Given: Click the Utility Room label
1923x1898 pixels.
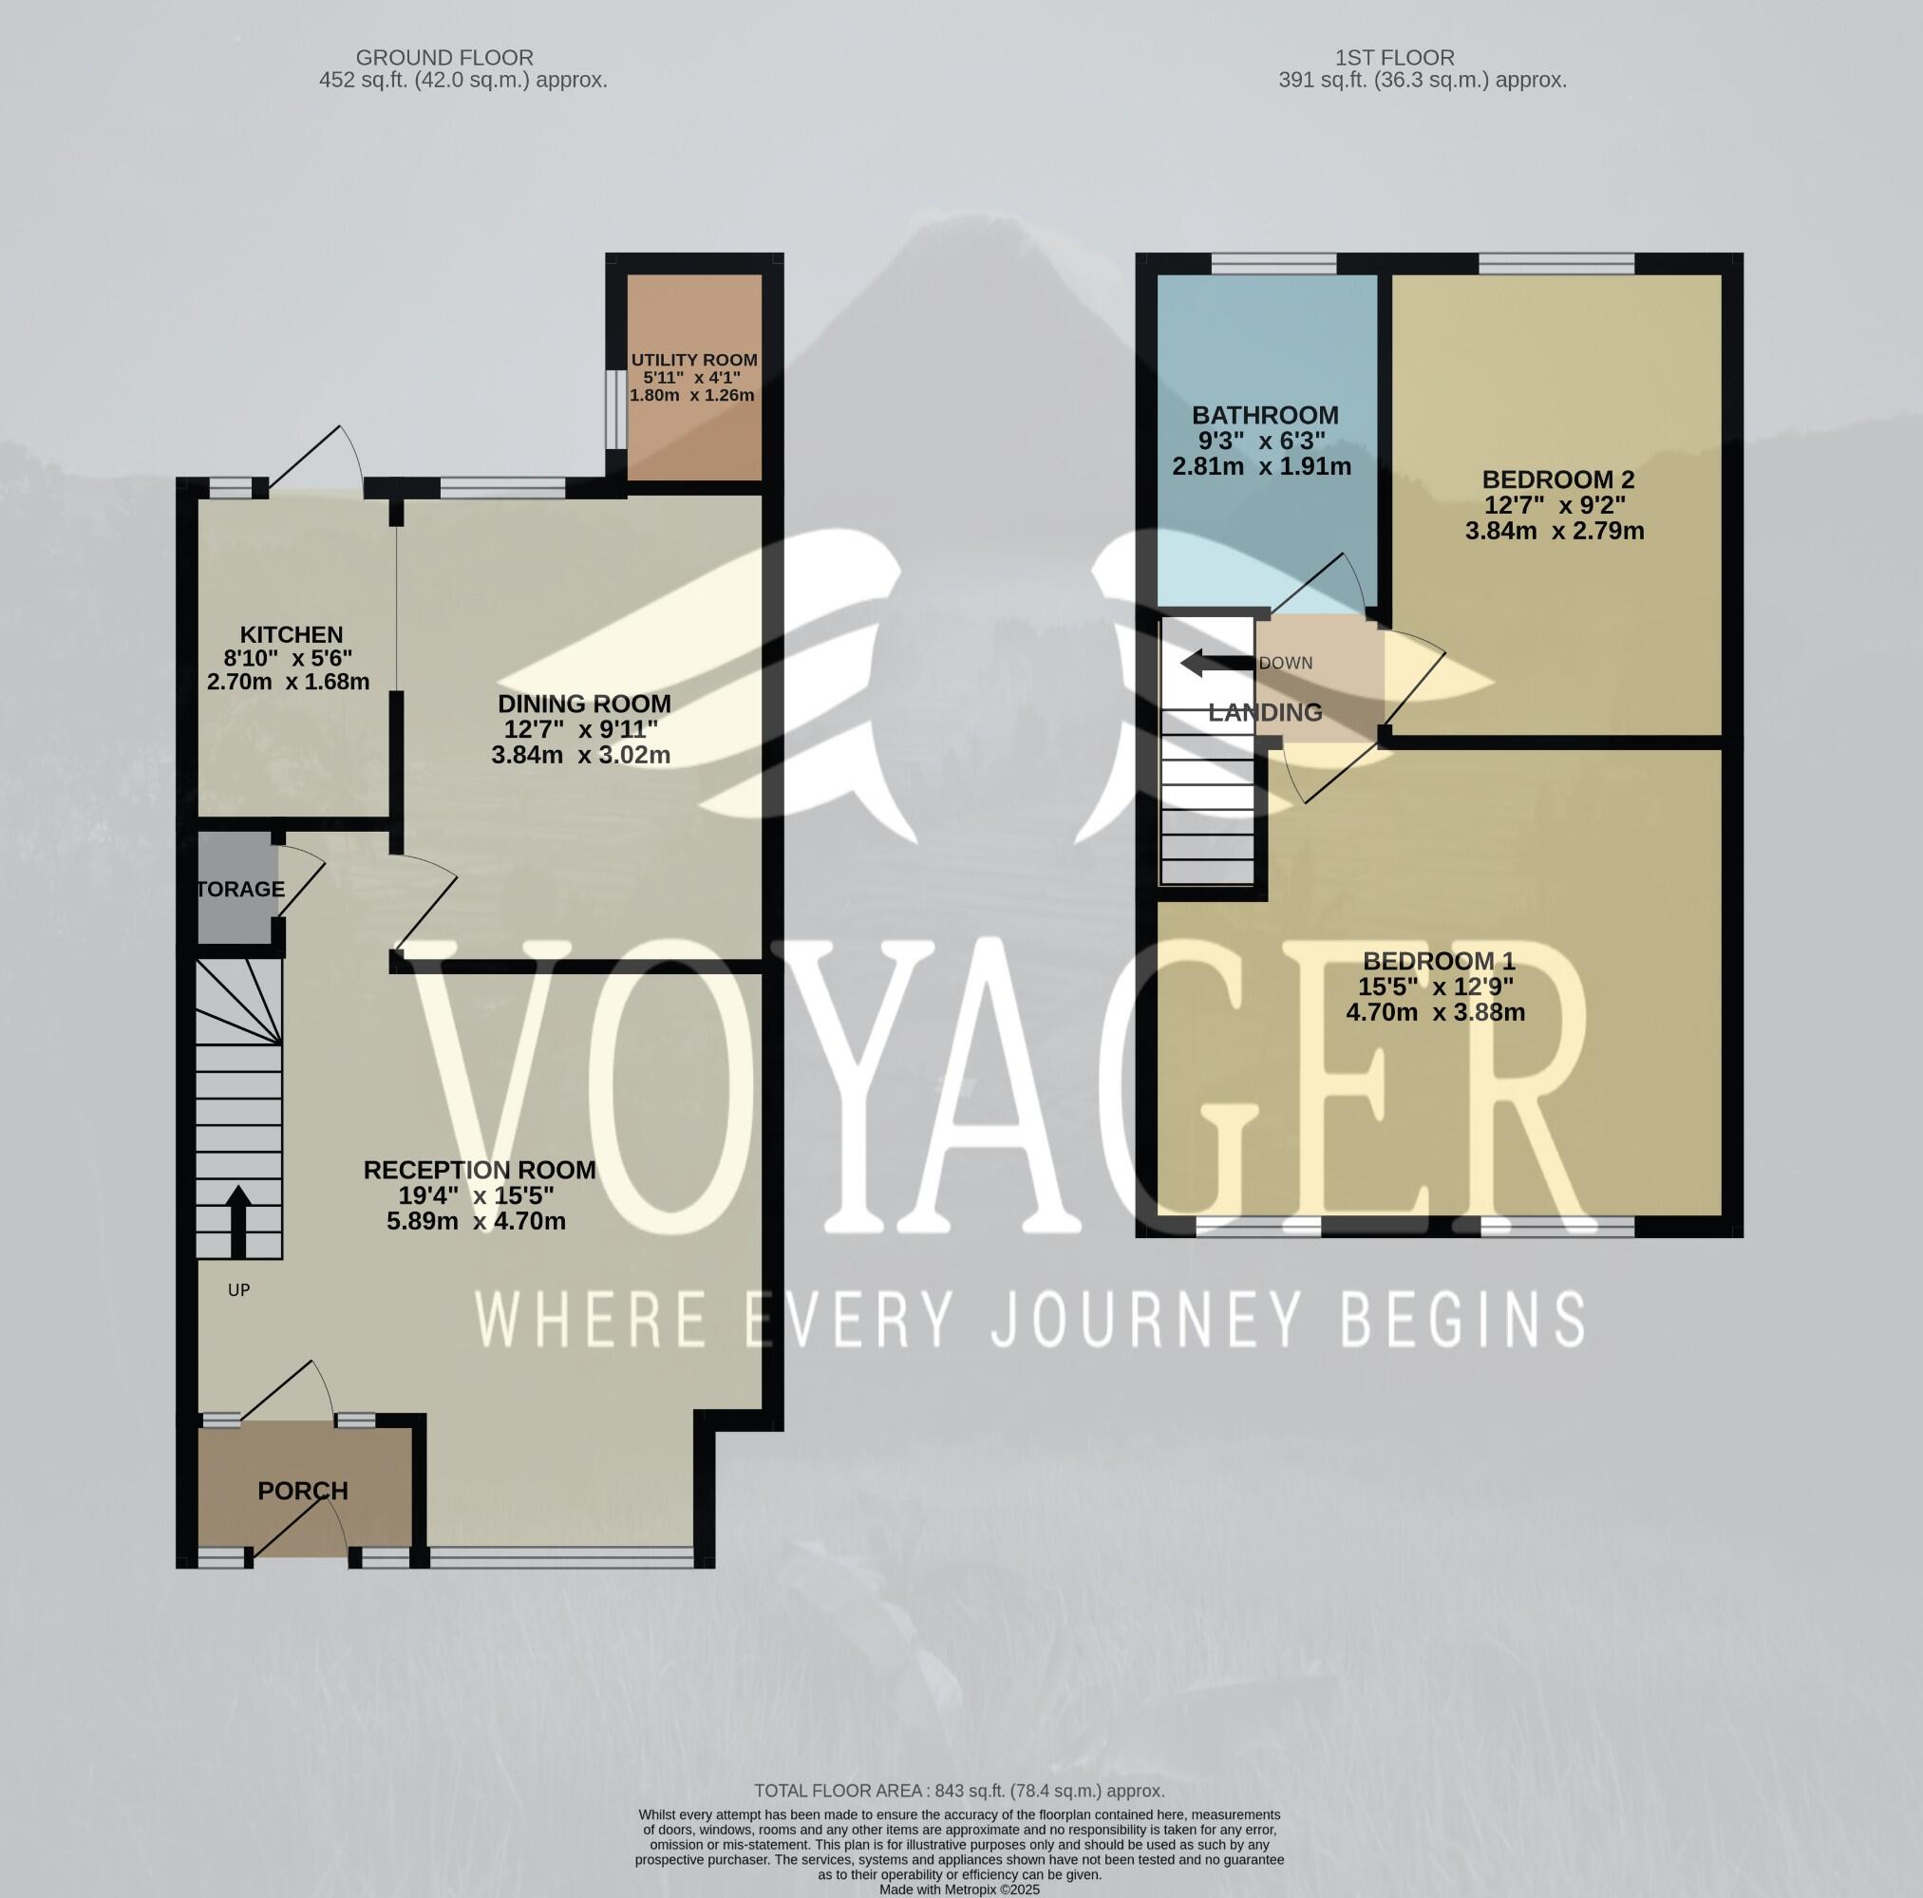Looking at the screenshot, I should tap(694, 359).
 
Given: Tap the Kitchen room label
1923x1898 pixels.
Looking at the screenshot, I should tap(291, 634).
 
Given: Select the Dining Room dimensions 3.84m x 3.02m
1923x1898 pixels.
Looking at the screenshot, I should tap(580, 755).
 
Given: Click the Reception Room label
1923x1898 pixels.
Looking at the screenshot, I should tap(479, 1170).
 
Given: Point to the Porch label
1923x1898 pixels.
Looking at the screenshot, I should tap(303, 1490).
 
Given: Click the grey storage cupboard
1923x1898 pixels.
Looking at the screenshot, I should tap(235, 888).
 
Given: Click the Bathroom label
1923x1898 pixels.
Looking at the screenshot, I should tap(1264, 415).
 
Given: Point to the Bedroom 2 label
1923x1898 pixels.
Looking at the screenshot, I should tap(1557, 479).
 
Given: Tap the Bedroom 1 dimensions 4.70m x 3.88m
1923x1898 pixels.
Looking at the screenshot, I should tap(1435, 1012).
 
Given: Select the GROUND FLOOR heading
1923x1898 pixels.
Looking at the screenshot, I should tap(443, 58).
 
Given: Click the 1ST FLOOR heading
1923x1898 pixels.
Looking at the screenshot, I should tap(1393, 58).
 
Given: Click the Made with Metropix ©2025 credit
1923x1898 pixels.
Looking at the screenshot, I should tap(959, 1889).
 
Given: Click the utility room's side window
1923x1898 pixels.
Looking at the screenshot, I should tap(616, 409).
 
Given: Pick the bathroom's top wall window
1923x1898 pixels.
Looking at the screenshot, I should tap(1273, 263).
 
